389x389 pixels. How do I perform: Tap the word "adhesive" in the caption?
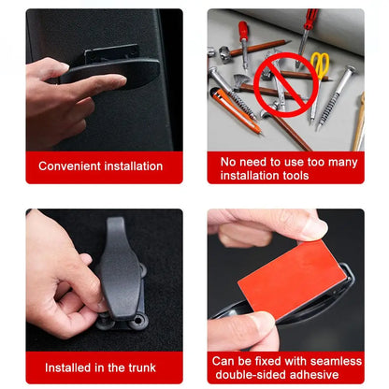[316, 374]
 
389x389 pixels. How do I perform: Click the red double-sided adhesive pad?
[293, 281]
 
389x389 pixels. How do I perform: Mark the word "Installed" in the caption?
[71, 367]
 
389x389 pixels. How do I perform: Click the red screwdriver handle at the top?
[243, 33]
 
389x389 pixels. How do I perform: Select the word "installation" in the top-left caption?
[131, 166]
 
